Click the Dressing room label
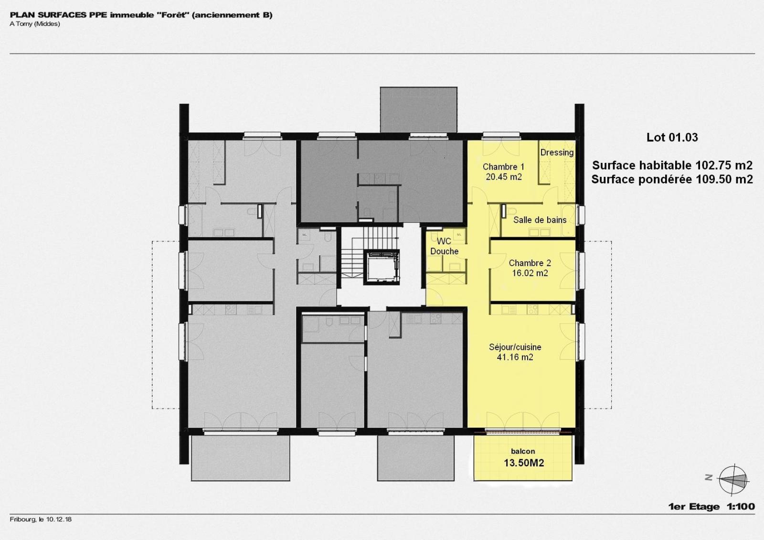[557, 152]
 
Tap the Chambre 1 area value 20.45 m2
[503, 177]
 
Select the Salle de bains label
[540, 220]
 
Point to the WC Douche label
[444, 246]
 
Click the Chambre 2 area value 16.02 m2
[530, 273]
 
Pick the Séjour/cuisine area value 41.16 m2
[515, 357]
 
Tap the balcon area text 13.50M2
[524, 463]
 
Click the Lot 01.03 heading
[672, 137]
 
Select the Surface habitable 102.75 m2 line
[672, 165]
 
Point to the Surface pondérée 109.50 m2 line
[672, 180]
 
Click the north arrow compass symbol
[733, 480]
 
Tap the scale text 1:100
[741, 507]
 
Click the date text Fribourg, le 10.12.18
[41, 519]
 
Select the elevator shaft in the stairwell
[381, 267]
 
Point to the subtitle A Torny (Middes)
[35, 24]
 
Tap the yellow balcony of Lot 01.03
[522, 458]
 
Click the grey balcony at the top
[418, 109]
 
